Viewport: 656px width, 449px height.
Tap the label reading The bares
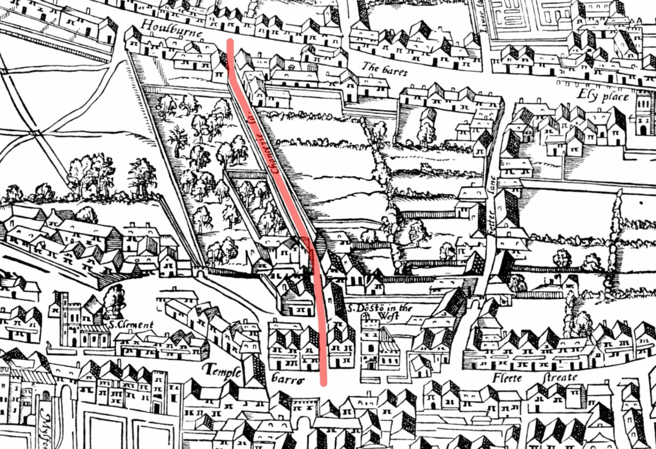(x=384, y=69)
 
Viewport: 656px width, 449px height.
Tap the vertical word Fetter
(x=491, y=222)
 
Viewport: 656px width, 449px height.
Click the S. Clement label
(x=131, y=325)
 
